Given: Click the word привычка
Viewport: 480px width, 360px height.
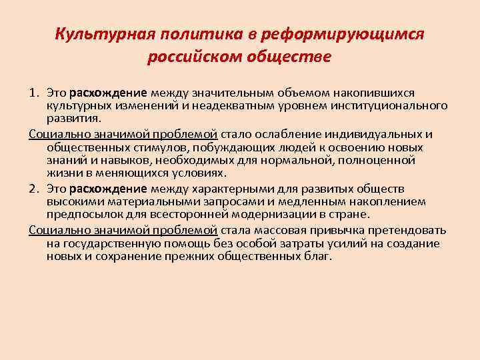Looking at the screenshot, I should click(339, 230).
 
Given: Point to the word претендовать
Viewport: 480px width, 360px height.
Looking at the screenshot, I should click(405, 230).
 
